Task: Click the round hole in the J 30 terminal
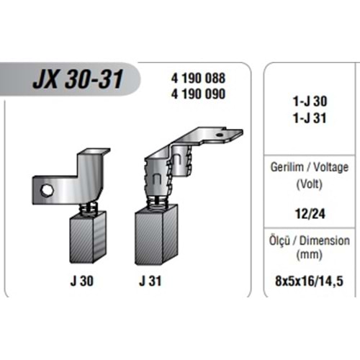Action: pos(46,189)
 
